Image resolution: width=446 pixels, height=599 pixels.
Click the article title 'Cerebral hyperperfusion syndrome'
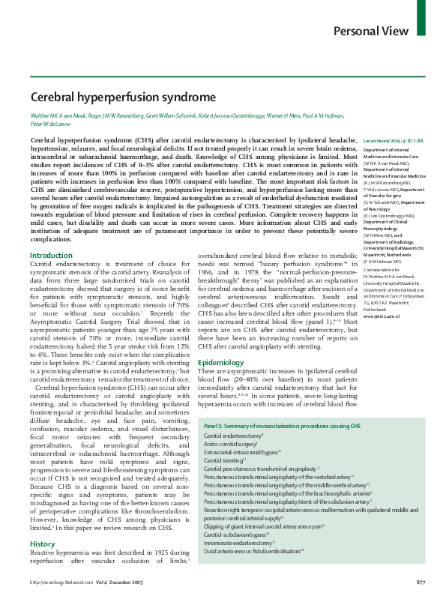click(123, 97)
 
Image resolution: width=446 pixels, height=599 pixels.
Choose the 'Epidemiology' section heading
click(221, 362)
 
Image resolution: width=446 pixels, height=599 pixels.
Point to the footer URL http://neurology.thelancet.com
click(59, 583)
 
